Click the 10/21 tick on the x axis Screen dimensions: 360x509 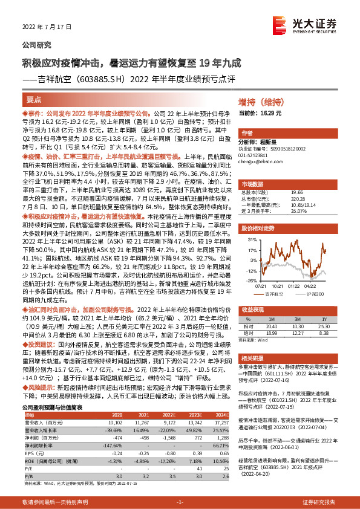(x=278, y=287)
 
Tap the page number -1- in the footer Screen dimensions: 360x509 (x=180, y=503)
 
